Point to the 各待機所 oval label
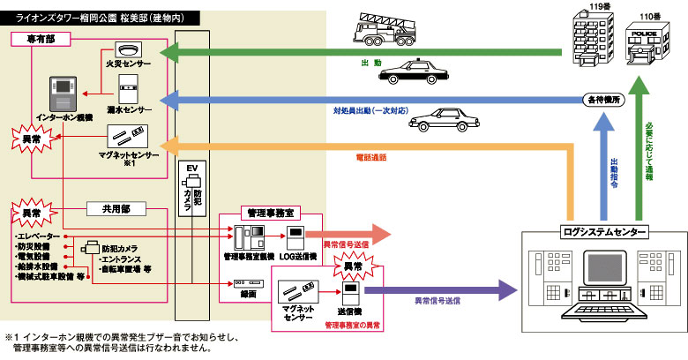[x=602, y=100]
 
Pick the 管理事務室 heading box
[x=271, y=214]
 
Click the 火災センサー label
[x=130, y=64]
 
